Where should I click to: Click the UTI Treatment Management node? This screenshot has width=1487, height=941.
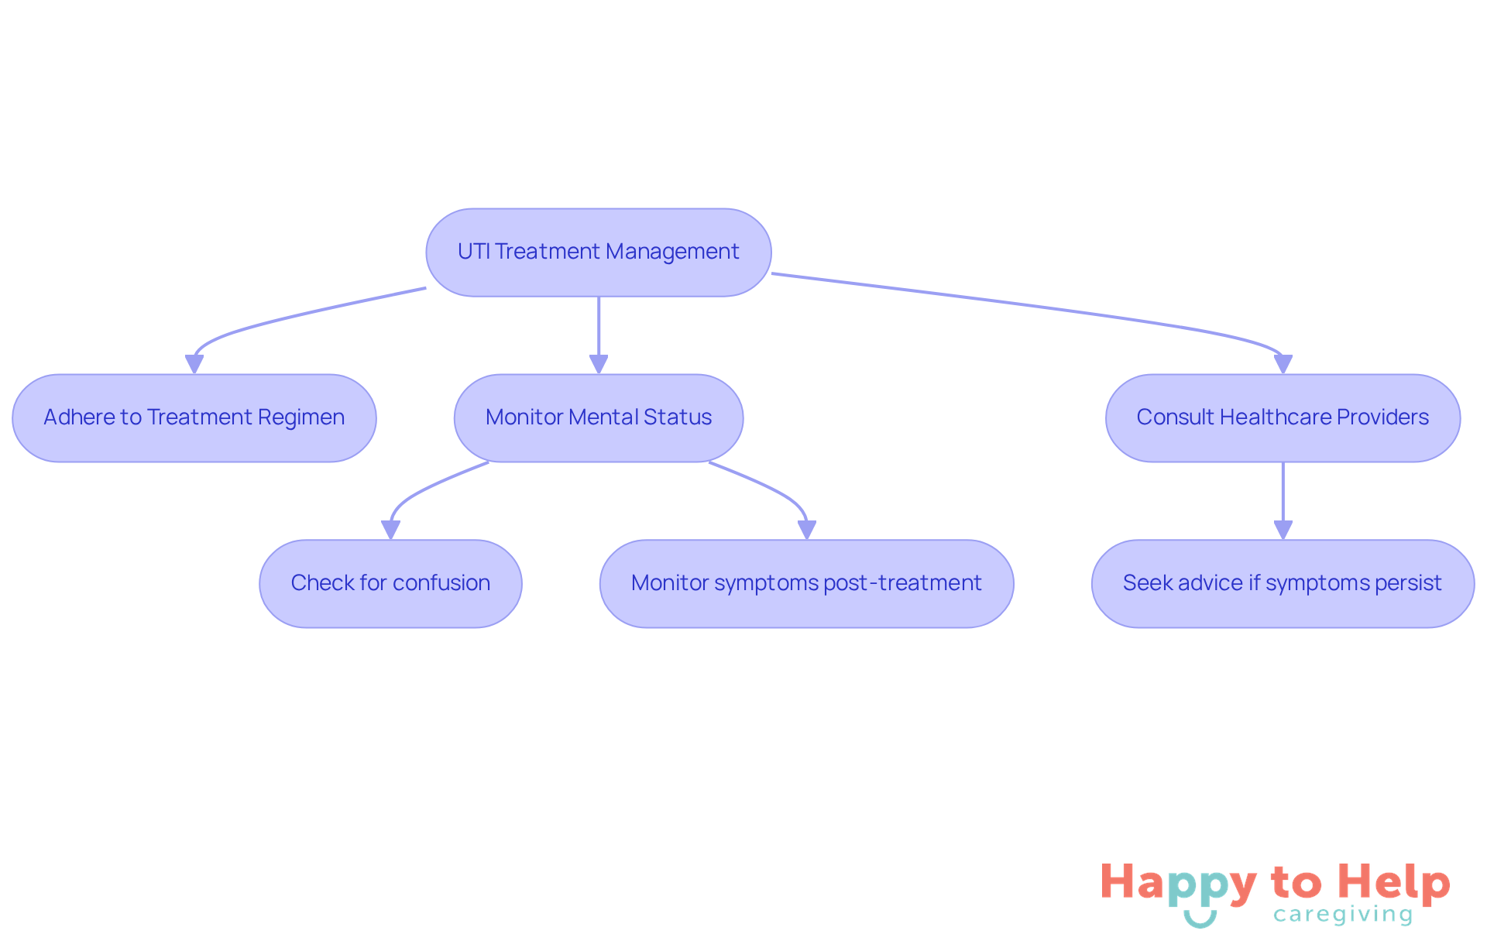click(598, 252)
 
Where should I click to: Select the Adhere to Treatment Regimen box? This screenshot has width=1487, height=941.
click(194, 418)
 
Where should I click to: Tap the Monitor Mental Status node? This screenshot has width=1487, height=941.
click(598, 418)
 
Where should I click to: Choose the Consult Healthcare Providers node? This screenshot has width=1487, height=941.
click(1283, 418)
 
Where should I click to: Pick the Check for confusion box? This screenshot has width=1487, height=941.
click(390, 583)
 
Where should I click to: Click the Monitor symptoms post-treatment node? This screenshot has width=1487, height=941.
click(806, 583)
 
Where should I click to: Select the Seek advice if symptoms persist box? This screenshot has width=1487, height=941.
click(1283, 583)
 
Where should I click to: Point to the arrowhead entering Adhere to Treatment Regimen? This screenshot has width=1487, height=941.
click(194, 364)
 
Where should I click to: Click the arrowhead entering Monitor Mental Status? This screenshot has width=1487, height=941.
click(599, 364)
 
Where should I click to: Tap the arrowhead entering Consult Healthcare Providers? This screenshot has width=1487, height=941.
click(1283, 364)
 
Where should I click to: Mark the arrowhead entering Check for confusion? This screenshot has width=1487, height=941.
click(391, 530)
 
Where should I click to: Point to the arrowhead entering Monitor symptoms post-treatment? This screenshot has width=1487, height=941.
click(807, 530)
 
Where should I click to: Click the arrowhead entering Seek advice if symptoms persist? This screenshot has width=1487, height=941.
click(1283, 530)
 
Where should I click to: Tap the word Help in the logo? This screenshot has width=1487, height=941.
click(1393, 882)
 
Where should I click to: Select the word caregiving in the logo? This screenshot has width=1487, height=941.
click(1343, 915)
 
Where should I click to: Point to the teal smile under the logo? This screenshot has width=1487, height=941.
click(1200, 919)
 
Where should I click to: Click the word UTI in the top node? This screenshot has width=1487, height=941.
click(473, 252)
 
